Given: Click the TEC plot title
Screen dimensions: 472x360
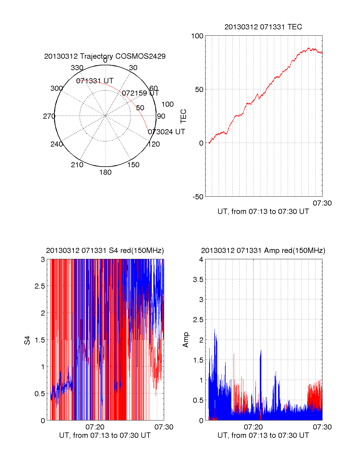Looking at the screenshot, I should click(x=263, y=27).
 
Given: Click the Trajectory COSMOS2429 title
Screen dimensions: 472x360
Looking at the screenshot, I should click(x=105, y=56).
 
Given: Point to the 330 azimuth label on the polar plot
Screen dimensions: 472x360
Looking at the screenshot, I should click(x=77, y=68).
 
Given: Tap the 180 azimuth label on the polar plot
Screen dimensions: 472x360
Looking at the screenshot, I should click(x=105, y=172).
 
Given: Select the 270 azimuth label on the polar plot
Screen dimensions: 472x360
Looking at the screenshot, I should click(x=49, y=116).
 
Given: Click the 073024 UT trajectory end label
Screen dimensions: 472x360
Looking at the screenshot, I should click(x=166, y=132).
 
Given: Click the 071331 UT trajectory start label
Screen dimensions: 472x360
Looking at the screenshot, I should click(x=95, y=81).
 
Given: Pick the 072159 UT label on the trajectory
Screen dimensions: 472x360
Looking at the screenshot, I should click(x=140, y=93).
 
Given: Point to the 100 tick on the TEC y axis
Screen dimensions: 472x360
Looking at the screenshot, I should click(x=197, y=36).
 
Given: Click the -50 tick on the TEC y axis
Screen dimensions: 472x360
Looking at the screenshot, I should click(x=198, y=197).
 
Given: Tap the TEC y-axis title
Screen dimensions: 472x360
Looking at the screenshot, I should click(x=183, y=116).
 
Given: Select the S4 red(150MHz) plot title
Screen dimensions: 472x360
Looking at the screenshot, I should click(x=105, y=251).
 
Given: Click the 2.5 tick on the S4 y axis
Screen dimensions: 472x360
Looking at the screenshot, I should click(x=40, y=286).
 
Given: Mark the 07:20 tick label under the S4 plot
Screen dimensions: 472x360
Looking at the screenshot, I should click(x=95, y=427).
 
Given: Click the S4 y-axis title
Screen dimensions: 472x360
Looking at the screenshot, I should click(x=27, y=340).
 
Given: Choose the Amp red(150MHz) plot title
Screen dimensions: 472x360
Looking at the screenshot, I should click(x=263, y=251).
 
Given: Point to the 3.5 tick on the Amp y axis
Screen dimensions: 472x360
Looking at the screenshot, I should click(x=198, y=280).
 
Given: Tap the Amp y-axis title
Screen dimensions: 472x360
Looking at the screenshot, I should click(x=186, y=340).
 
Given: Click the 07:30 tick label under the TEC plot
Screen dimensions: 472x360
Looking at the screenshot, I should click(x=322, y=203).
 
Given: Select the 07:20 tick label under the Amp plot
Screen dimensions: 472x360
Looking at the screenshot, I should click(x=253, y=427).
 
